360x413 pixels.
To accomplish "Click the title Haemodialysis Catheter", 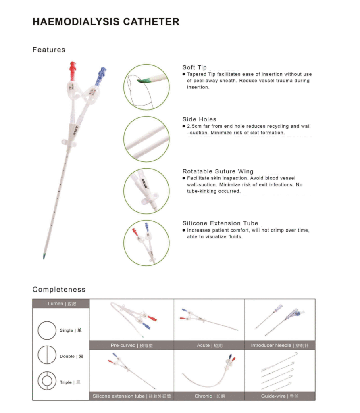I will click(106, 22).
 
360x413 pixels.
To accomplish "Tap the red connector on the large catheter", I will click(73, 71).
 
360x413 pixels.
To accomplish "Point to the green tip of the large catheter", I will click(44, 255).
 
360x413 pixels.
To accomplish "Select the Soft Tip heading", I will click(194, 67).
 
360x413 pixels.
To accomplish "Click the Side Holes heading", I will click(199, 119).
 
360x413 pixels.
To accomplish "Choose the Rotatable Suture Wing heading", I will click(218, 171).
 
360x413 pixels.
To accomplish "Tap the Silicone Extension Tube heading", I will click(220, 223).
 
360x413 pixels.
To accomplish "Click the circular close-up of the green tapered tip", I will click(146, 87).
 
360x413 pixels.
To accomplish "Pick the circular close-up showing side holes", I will click(146, 139).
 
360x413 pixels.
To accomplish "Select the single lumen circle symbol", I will click(47, 330).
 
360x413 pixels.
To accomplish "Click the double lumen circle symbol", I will click(47, 356).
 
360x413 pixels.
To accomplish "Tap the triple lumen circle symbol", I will click(47, 382).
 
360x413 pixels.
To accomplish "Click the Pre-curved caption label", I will click(131, 346).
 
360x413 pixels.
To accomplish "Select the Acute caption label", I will click(209, 346).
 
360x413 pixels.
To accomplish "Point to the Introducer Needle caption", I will click(280, 346).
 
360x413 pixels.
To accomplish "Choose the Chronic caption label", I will click(209, 396).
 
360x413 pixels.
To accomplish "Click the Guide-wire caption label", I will click(280, 396).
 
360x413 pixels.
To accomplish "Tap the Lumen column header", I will click(61, 304).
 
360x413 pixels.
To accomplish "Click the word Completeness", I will click(59, 290).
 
